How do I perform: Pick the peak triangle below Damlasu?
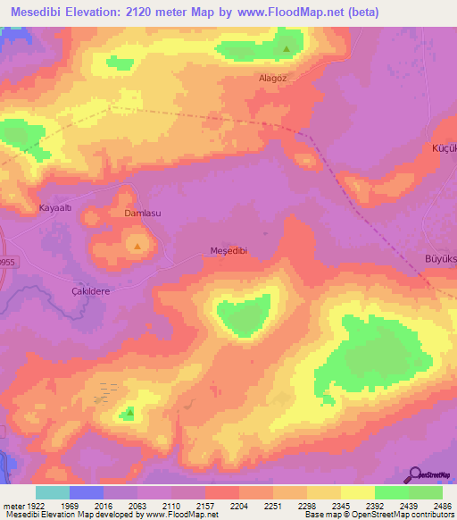click(x=137, y=243)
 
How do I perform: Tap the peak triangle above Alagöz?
click(x=286, y=48)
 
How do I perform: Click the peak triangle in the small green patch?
click(x=129, y=413)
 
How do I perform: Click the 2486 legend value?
click(x=443, y=507)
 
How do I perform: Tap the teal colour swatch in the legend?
click(x=52, y=492)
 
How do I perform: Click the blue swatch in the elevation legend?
click(x=87, y=492)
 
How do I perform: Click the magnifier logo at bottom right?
click(x=414, y=476)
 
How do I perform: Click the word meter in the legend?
click(x=14, y=507)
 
